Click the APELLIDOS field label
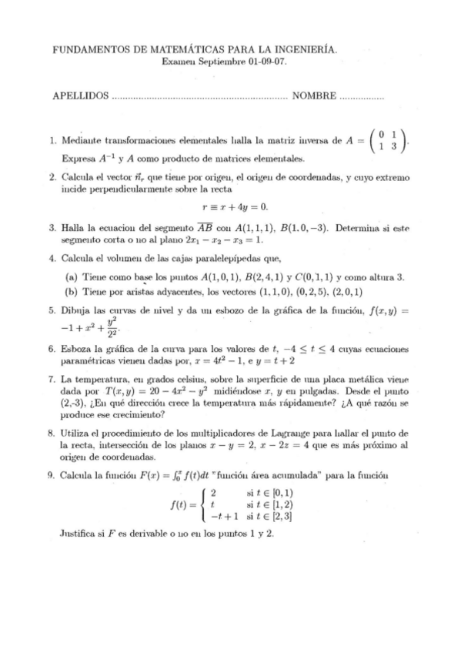point(79,97)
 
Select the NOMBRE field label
point(313,97)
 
